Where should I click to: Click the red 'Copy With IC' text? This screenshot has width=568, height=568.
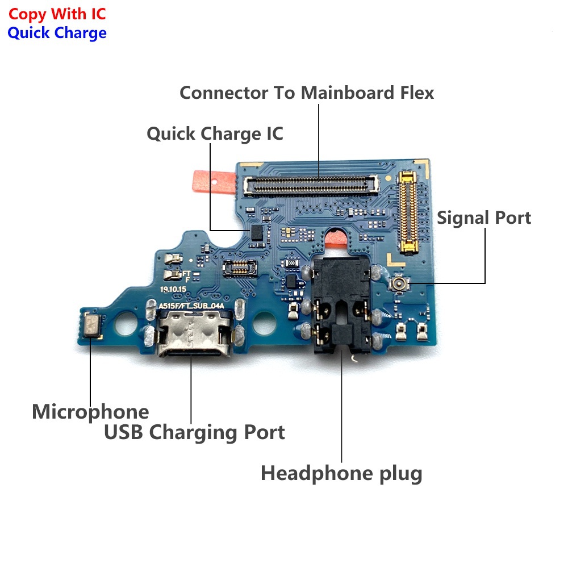(57, 14)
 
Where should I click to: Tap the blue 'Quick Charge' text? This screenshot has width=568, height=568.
(57, 33)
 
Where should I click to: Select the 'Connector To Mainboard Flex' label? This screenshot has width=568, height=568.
(307, 93)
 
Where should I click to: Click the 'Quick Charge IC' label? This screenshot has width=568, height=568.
(215, 133)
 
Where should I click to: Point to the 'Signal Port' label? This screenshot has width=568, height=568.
(483, 218)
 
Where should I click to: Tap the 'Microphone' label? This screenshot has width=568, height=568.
(90, 412)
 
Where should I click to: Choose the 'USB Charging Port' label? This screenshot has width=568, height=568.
(194, 432)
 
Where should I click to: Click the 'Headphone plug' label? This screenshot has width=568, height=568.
(341, 473)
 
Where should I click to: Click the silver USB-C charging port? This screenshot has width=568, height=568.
(194, 333)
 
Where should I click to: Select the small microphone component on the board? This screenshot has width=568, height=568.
(93, 325)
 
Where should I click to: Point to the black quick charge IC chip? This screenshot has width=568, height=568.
(257, 232)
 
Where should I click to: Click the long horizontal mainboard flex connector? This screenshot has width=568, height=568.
(311, 185)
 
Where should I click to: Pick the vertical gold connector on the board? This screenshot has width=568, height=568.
(408, 212)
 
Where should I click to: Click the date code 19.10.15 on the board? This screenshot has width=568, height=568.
(173, 290)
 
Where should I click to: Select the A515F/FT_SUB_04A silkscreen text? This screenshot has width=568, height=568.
(191, 306)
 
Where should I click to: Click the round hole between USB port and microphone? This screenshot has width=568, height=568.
(126, 323)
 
